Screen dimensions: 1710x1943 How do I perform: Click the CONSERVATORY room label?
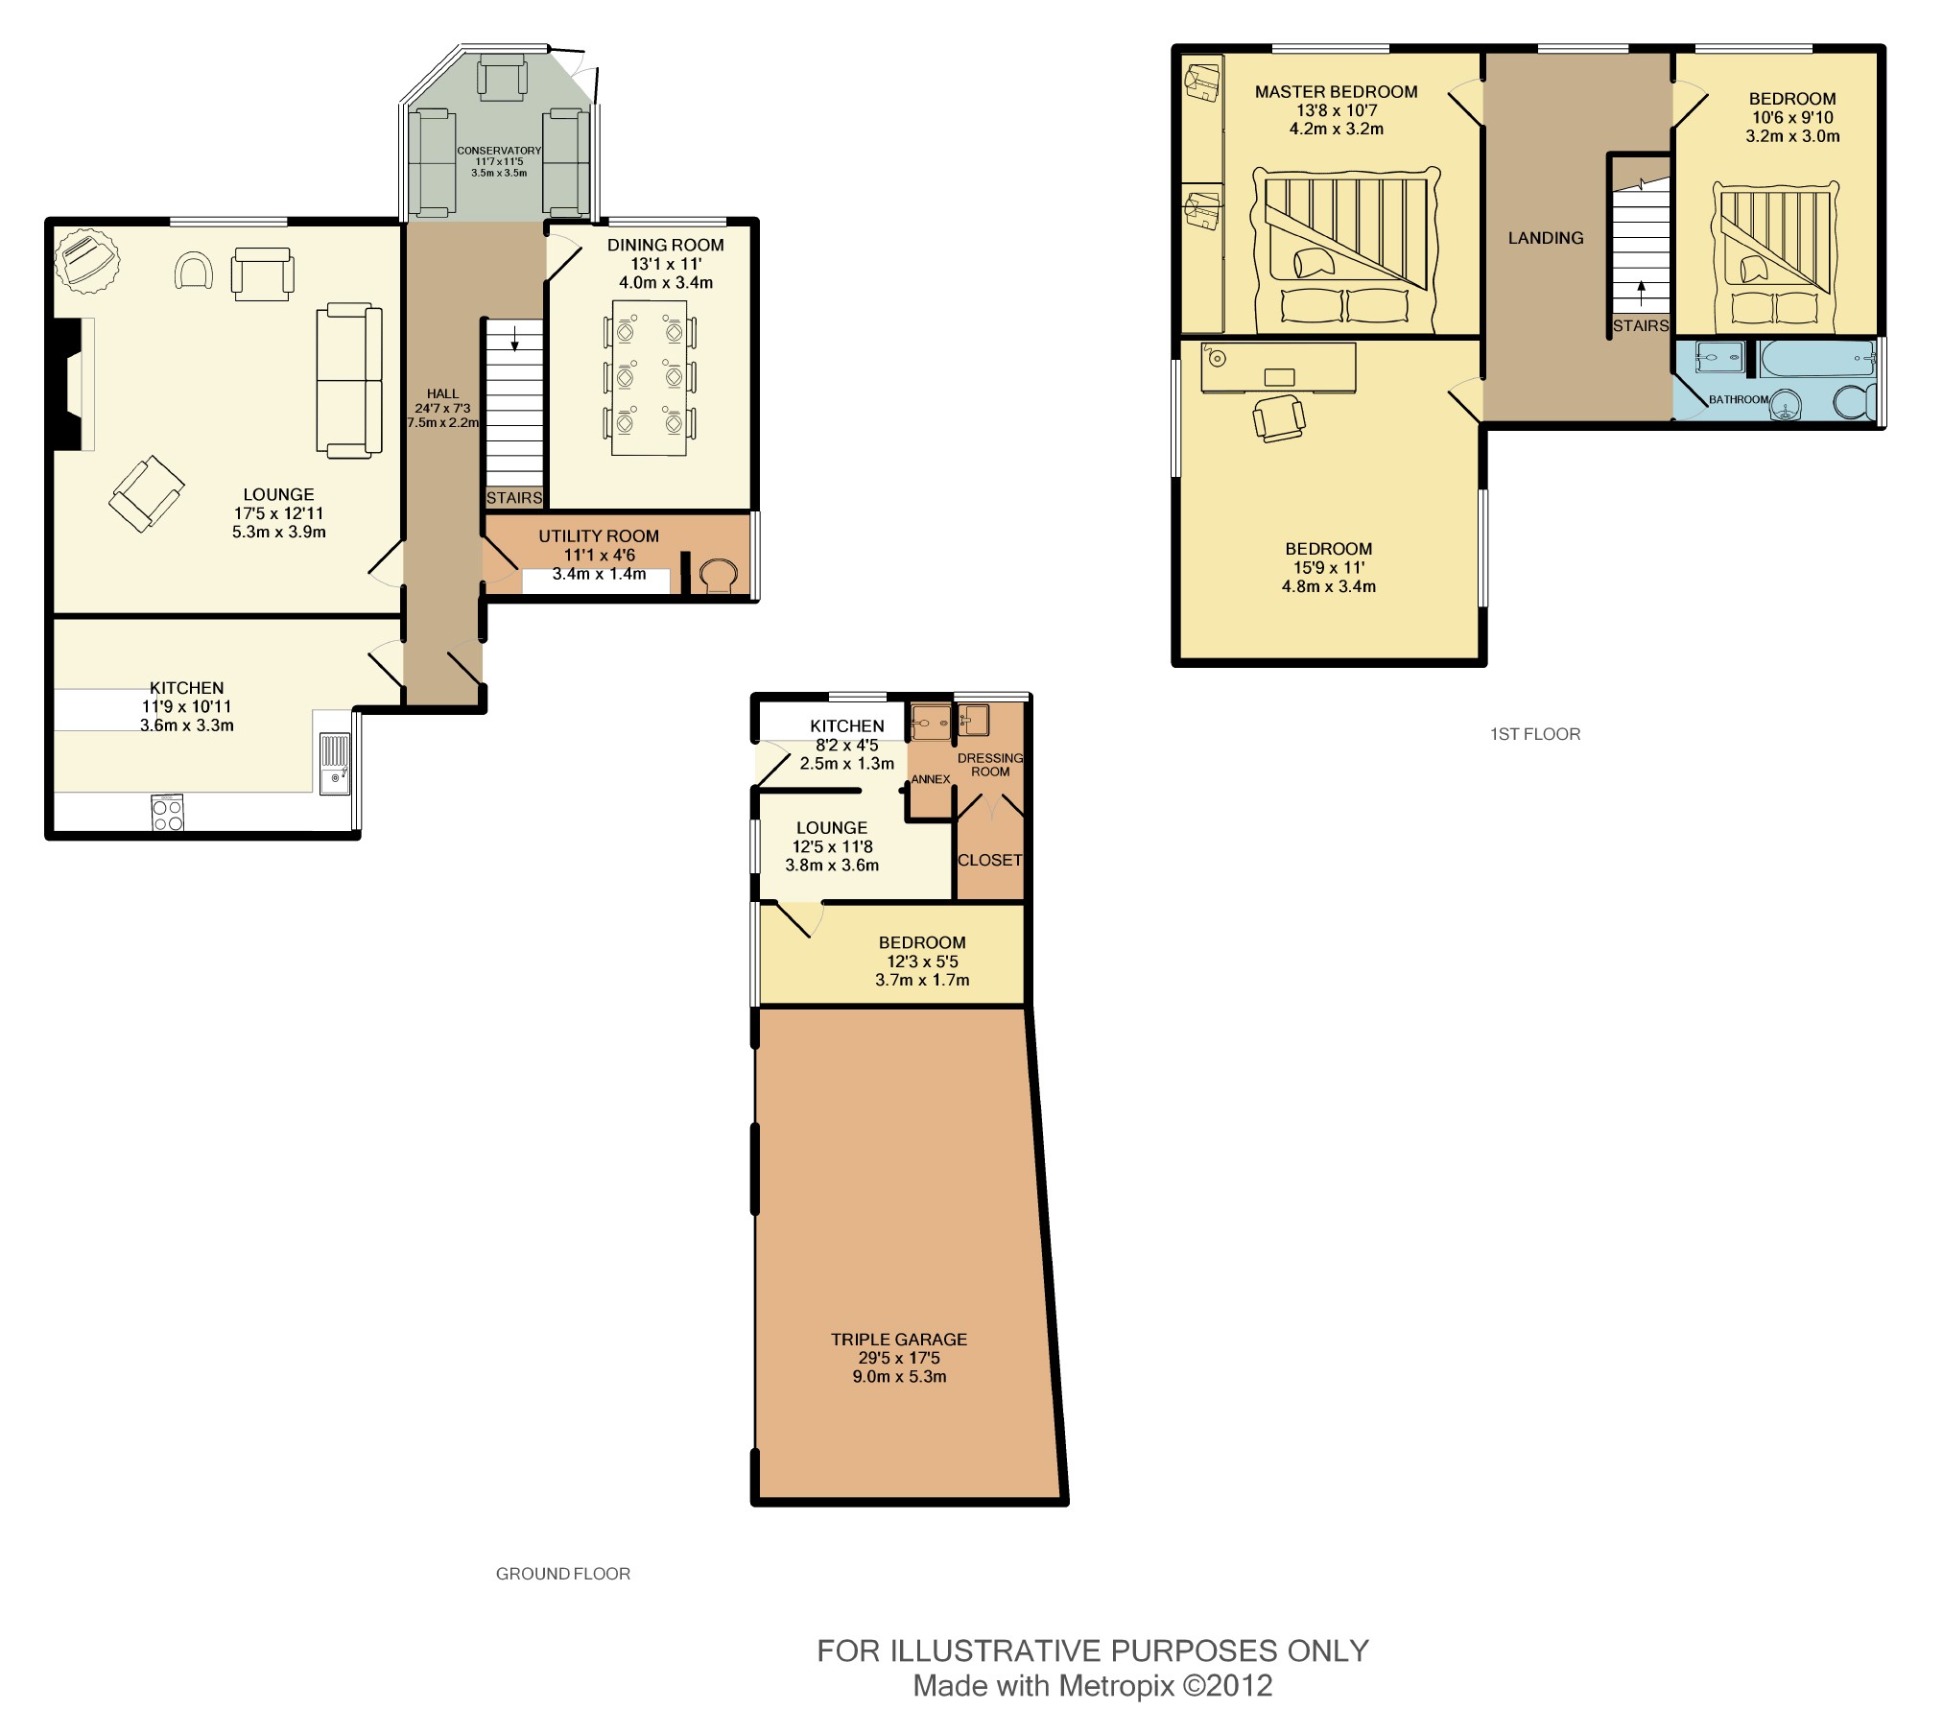pyautogui.click(x=499, y=151)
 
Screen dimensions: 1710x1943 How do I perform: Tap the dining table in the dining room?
pyautogui.click(x=650, y=377)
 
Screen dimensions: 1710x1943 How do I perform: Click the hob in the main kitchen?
pyautogui.click(x=168, y=813)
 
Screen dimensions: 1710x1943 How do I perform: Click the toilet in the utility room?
pyautogui.click(x=718, y=576)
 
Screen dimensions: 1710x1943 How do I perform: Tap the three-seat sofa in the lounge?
pyautogui.click(x=349, y=380)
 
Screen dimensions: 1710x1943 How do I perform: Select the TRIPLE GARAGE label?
pyautogui.click(x=898, y=1339)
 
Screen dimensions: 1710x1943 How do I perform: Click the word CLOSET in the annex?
pyautogui.click(x=989, y=860)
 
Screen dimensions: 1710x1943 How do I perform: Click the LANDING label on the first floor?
pyautogui.click(x=1545, y=238)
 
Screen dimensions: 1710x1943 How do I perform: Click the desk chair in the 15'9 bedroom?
pyautogui.click(x=1278, y=417)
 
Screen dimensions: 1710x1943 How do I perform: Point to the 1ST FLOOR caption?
pyautogui.click(x=1534, y=734)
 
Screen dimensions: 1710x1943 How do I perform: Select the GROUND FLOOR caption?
pyautogui.click(x=562, y=1574)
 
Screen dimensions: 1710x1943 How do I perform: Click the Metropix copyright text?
pyautogui.click(x=1092, y=1685)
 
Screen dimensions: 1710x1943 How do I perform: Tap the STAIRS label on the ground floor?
pyautogui.click(x=514, y=498)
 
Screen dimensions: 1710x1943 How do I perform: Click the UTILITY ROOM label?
pyautogui.click(x=598, y=536)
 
